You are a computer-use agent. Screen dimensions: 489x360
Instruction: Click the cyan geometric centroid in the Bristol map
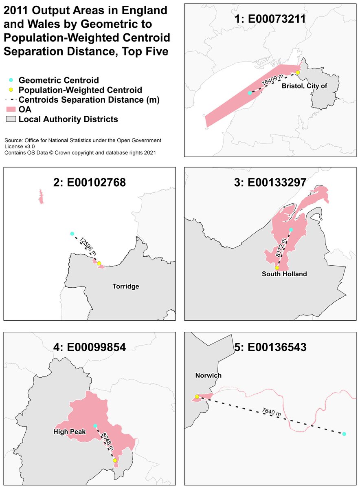250,93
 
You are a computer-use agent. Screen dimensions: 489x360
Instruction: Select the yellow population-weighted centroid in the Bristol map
298,73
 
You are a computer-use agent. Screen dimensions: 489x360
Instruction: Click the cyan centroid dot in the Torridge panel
72,233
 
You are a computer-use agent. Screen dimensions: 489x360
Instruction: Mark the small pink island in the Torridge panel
41,196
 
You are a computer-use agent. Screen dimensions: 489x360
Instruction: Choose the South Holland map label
284,274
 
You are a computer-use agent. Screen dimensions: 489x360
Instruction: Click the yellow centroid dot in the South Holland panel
277,268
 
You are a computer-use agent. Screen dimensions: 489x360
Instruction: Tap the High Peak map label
69,431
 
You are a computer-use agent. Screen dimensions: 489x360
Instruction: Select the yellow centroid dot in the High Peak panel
115,460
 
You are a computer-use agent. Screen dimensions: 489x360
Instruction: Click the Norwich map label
208,375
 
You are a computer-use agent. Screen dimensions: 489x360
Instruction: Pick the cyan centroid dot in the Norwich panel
344,434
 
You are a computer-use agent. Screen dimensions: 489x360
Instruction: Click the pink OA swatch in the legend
11,110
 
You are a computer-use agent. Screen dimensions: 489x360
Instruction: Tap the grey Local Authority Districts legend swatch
11,119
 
